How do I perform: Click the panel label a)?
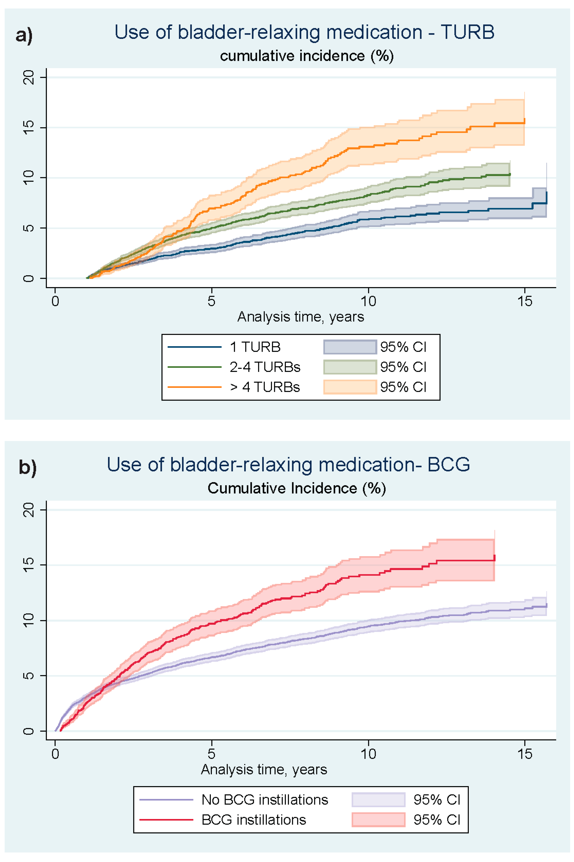click(24, 36)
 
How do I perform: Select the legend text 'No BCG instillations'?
click(265, 800)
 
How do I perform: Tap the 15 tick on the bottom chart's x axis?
click(525, 754)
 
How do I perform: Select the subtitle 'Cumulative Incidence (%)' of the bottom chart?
click(297, 488)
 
